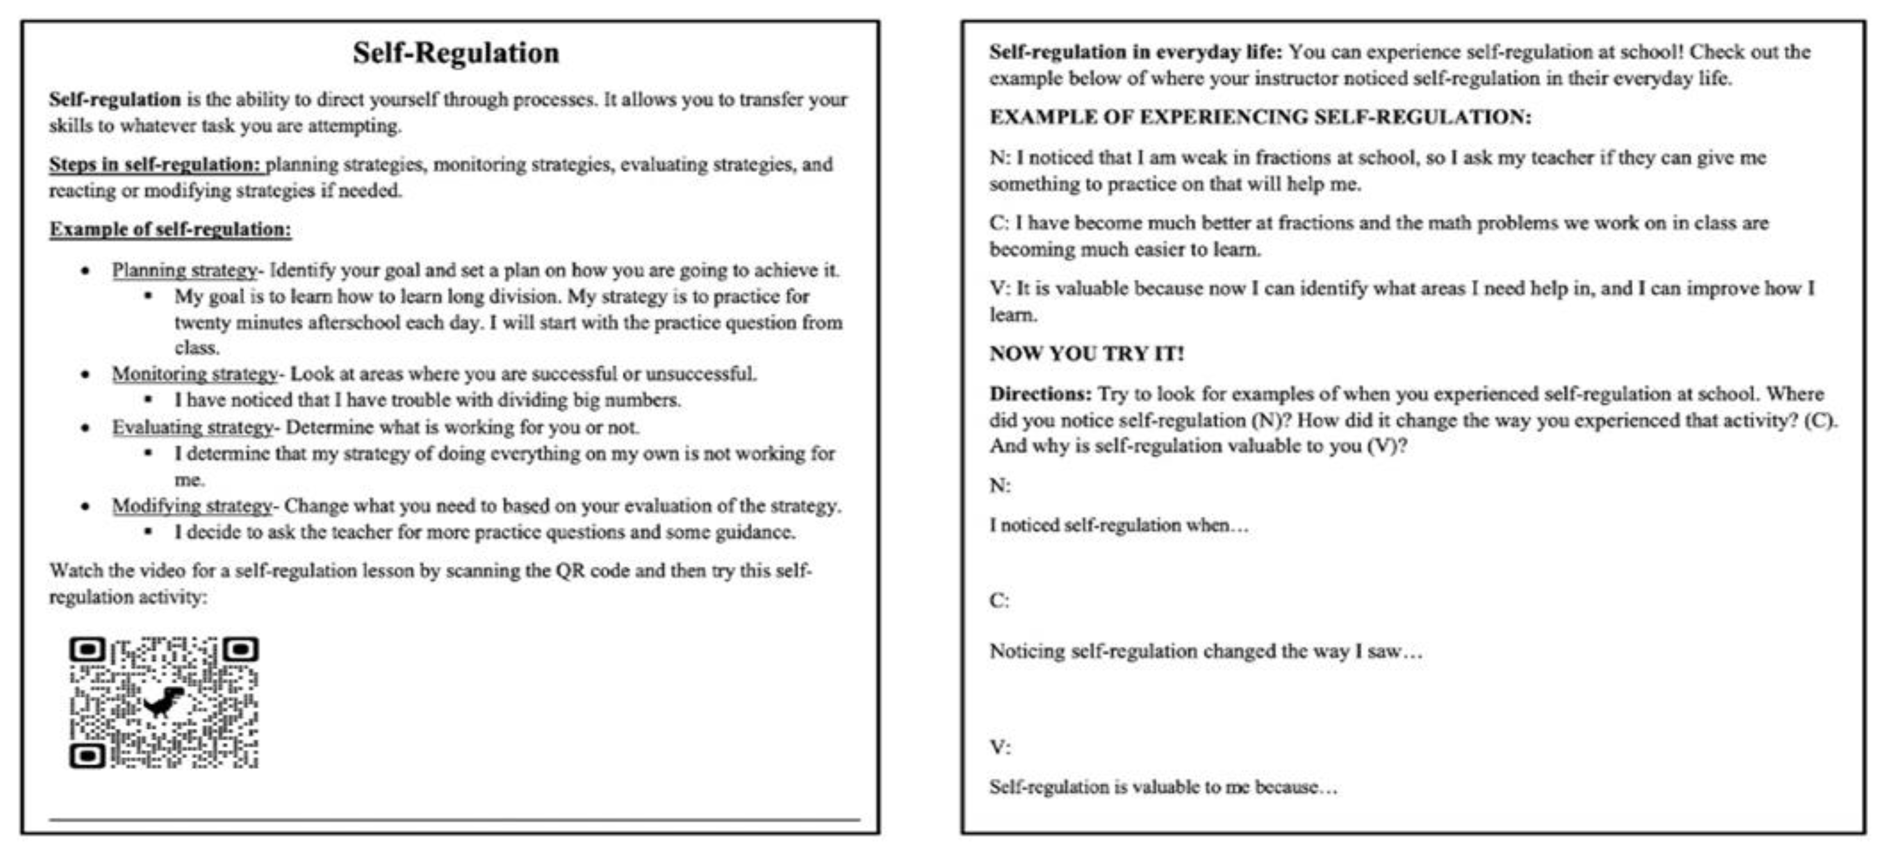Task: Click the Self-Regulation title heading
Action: click(456, 53)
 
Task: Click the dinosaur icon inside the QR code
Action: click(163, 703)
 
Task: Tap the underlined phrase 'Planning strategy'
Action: click(184, 270)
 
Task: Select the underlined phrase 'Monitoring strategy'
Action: click(194, 374)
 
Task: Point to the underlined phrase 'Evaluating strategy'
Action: click(192, 427)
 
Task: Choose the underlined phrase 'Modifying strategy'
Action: click(192, 506)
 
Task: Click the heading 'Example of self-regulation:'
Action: click(170, 229)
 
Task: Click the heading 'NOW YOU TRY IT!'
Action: click(1086, 354)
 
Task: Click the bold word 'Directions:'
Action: click(1040, 394)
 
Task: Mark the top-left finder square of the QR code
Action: click(87, 649)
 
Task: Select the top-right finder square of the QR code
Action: click(241, 649)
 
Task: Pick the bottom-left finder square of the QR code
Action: click(87, 756)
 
